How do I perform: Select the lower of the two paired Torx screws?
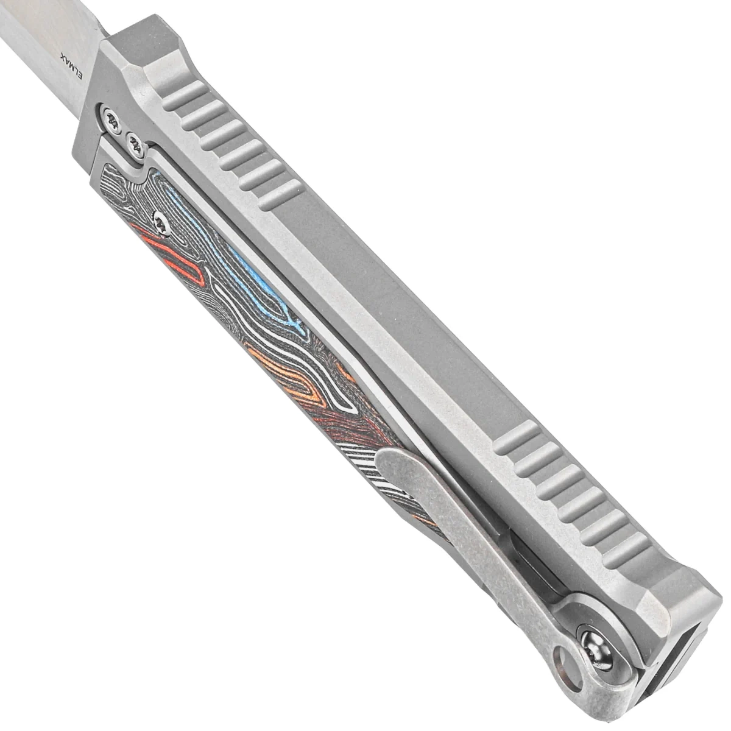tap(135, 143)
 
